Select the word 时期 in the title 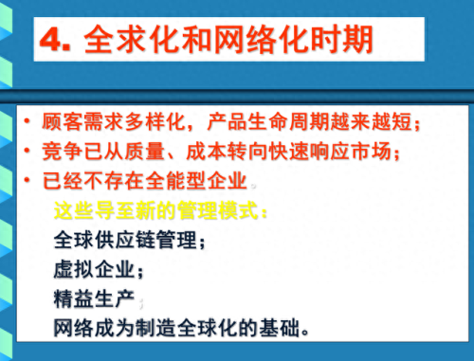coord(347,40)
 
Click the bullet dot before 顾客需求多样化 coord(27,122)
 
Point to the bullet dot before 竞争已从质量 coord(27,152)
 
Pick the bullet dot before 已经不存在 coord(27,180)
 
